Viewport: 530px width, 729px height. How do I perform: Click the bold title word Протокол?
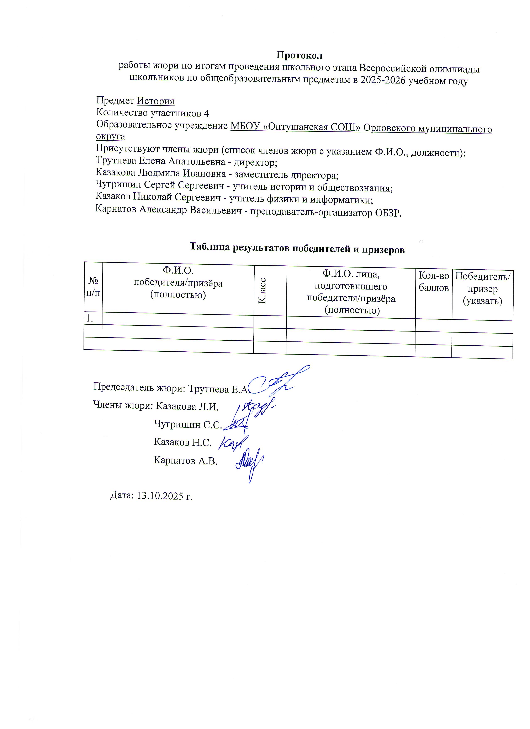[299, 55]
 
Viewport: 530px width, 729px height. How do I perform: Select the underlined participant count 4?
[206, 113]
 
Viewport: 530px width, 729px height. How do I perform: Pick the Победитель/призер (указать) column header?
[482, 288]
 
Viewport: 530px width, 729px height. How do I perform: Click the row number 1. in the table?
[89, 318]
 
